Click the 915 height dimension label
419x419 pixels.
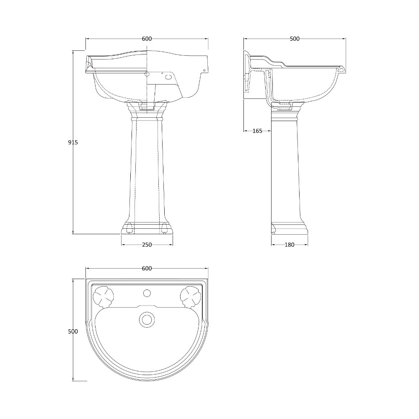tap(72, 142)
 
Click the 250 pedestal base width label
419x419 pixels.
tap(147, 245)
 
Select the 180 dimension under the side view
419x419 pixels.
tap(290, 245)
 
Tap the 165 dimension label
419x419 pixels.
tap(257, 131)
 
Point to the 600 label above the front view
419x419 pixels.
tap(147, 39)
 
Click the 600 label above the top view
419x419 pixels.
tap(147, 268)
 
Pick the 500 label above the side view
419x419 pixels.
tap(295, 39)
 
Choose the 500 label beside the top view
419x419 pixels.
tap(72, 331)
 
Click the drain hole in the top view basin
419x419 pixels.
tap(147, 319)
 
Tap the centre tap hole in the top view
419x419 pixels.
tap(147, 293)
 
